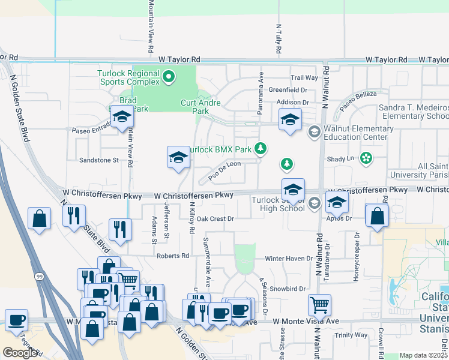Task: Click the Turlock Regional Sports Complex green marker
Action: pyautogui.click(x=169, y=76)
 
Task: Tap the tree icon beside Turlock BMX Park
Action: pyautogui.click(x=260, y=148)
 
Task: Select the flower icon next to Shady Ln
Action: pyautogui.click(x=366, y=158)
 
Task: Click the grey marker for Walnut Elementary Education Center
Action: pyautogui.click(x=313, y=131)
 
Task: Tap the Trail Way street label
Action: pyautogui.click(x=304, y=77)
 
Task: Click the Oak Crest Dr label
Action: pyautogui.click(x=215, y=219)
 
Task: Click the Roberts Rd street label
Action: pyautogui.click(x=173, y=256)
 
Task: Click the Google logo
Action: pyautogui.click(x=20, y=353)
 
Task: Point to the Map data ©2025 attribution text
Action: pyautogui.click(x=424, y=356)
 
